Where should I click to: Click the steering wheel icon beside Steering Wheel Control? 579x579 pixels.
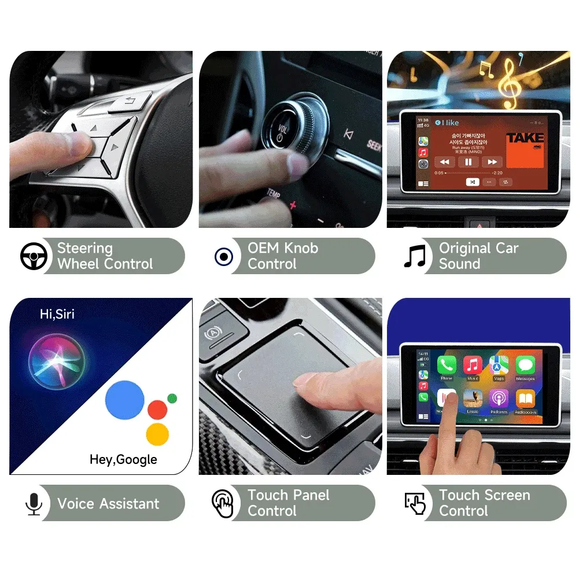coord(34,256)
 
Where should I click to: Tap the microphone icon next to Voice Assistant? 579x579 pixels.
coord(34,503)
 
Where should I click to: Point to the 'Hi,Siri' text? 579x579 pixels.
coord(57,314)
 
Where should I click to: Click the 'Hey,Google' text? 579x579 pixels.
coord(123,459)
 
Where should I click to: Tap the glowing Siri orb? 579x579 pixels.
coord(56,362)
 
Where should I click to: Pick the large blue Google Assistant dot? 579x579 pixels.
coord(124,400)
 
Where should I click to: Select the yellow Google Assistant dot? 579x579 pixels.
coord(157,434)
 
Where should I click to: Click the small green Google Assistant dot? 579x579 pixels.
coord(172,398)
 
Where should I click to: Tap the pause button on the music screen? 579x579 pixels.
coord(469,162)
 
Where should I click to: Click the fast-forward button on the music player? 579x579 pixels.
coord(492,162)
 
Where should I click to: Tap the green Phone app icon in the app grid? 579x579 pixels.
coord(446,365)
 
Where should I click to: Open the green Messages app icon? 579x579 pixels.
coord(525,365)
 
